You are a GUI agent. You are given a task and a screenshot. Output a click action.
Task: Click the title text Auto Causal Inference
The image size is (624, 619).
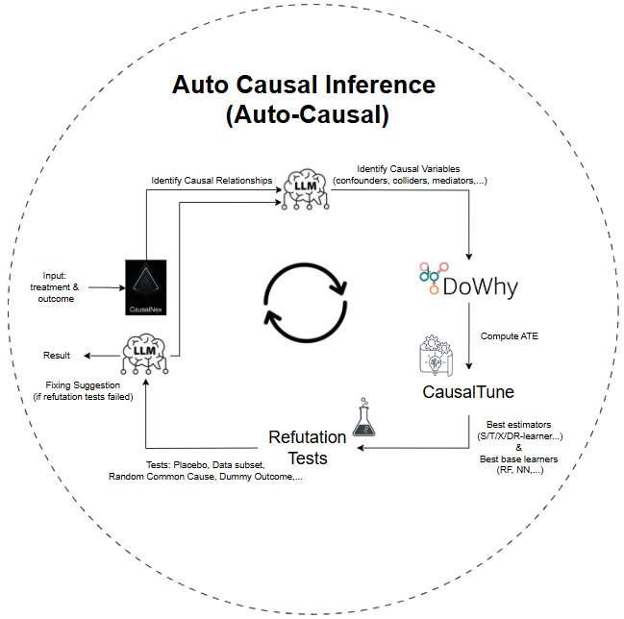pos(303,85)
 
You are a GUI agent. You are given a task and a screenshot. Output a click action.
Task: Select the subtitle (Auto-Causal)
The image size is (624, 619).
pos(303,115)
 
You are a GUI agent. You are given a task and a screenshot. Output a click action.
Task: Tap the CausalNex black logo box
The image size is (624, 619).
pos(147,287)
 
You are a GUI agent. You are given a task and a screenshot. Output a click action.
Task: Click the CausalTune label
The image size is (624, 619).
pos(468,391)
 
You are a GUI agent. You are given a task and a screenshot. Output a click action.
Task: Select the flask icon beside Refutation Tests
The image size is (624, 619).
pos(363,419)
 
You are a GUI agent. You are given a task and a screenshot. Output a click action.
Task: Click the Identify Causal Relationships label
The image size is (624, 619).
pos(212,180)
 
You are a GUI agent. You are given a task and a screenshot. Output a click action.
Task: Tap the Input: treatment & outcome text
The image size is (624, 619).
pos(59,286)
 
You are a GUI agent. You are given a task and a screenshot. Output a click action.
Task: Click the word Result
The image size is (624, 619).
pos(57,356)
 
